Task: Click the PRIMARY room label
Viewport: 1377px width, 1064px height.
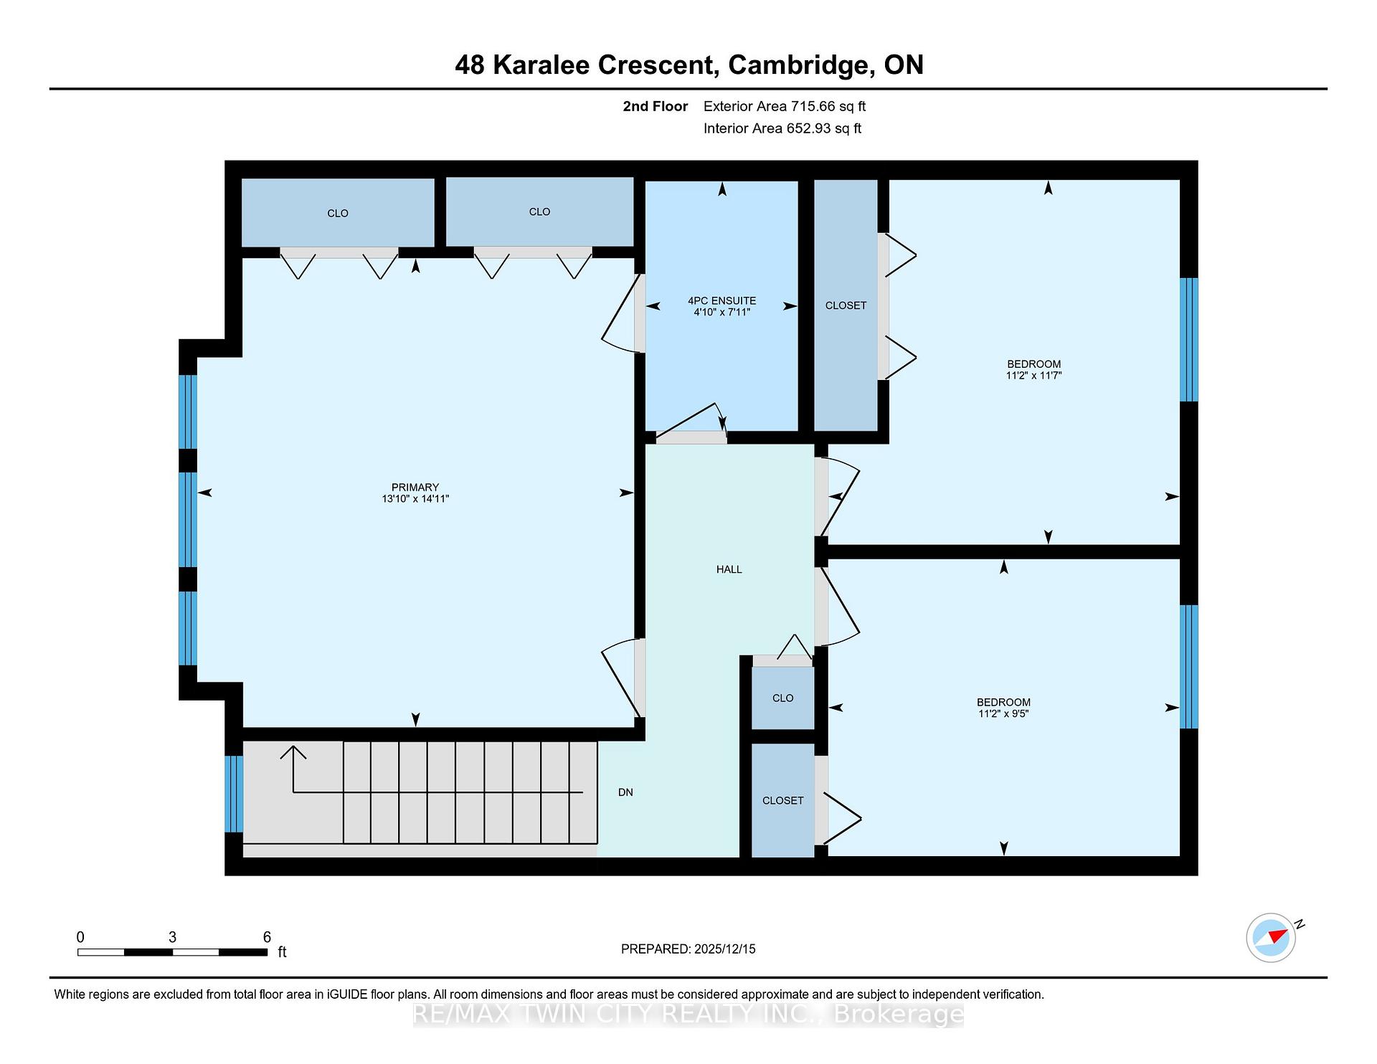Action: click(x=415, y=488)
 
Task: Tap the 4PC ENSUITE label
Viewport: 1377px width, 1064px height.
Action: click(x=721, y=301)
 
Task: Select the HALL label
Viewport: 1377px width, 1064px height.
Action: click(x=729, y=569)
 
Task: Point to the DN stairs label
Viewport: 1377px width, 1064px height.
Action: click(x=625, y=792)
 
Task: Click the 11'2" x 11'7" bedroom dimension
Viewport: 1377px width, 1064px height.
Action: click(x=1033, y=375)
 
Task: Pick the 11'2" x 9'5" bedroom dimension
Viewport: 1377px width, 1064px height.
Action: click(x=1003, y=713)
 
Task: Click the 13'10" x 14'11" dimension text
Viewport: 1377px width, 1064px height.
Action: click(x=415, y=499)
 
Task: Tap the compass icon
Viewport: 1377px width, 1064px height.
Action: click(x=1271, y=937)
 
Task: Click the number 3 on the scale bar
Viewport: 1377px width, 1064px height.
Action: click(x=172, y=937)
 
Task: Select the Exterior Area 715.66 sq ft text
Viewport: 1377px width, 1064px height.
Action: click(x=785, y=106)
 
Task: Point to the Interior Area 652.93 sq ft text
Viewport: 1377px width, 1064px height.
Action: click(x=782, y=128)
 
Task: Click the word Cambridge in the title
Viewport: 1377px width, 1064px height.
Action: click(x=801, y=65)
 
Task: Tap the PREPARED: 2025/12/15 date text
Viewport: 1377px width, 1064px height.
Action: click(x=688, y=949)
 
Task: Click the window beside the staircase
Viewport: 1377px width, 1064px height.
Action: click(x=234, y=794)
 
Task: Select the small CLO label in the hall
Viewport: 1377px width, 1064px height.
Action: click(x=782, y=698)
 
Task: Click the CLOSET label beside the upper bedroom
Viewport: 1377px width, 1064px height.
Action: click(x=846, y=305)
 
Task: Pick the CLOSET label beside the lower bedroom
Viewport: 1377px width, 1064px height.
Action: click(x=782, y=800)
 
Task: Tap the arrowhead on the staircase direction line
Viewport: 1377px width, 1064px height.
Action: click(x=293, y=752)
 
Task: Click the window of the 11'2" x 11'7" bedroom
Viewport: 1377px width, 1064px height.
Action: click(x=1189, y=340)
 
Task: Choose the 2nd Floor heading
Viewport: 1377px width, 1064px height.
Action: click(x=656, y=106)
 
